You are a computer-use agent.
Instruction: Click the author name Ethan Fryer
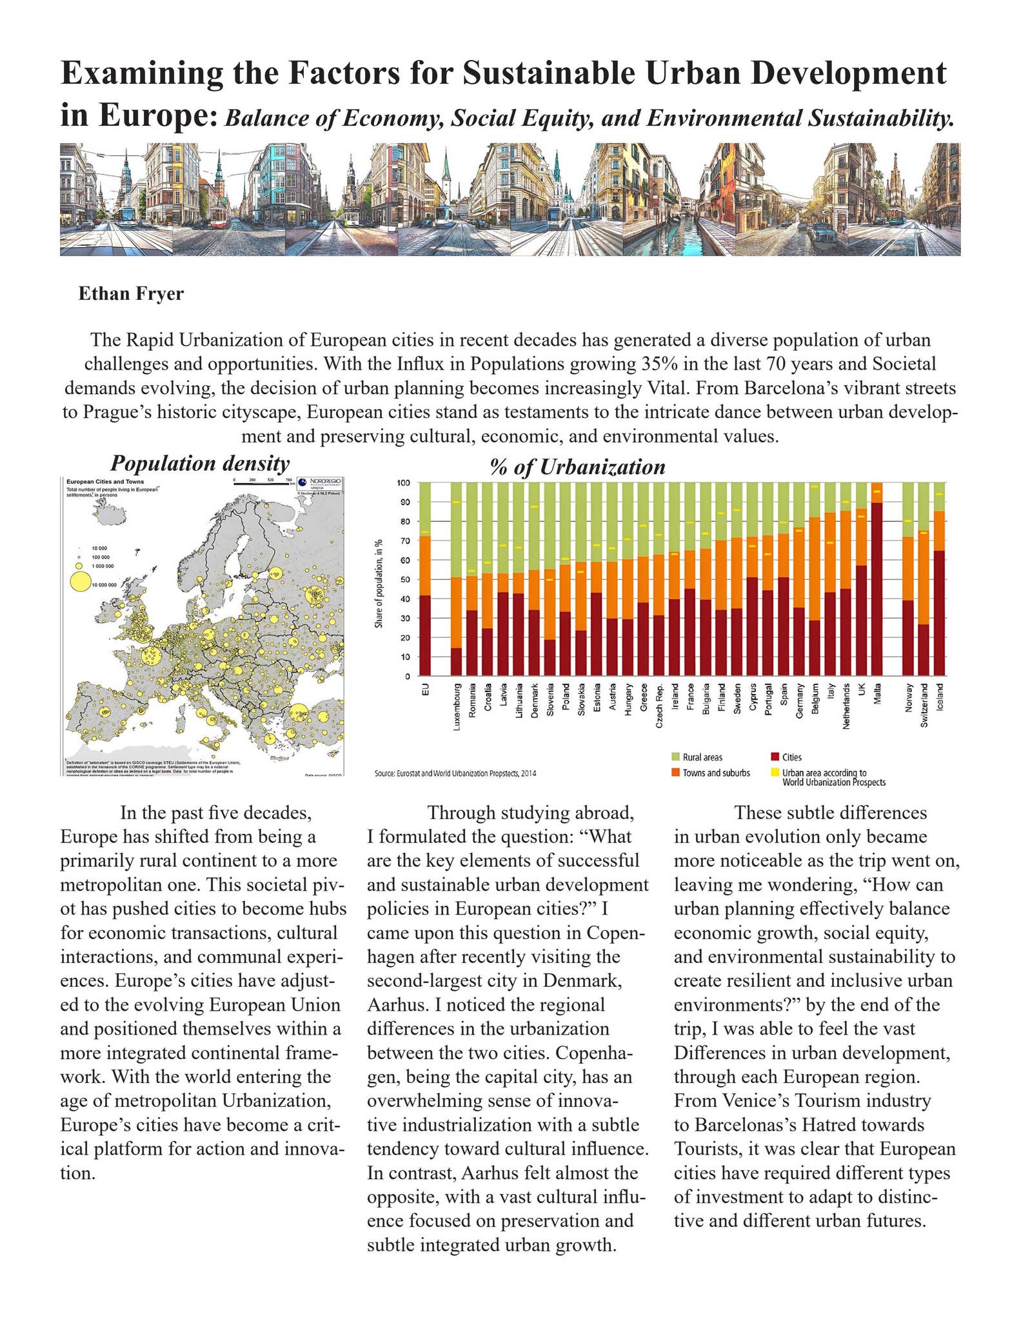(x=131, y=294)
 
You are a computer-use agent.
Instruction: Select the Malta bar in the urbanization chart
(x=877, y=581)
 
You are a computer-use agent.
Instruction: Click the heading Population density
(x=199, y=463)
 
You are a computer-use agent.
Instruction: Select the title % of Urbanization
(x=577, y=466)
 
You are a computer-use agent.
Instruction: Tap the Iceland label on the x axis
(x=940, y=697)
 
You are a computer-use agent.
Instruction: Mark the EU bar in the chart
(x=425, y=581)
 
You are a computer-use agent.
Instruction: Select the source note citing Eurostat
(x=455, y=773)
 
